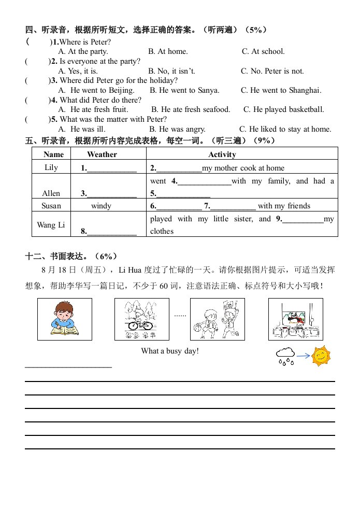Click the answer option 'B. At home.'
click(x=168, y=51)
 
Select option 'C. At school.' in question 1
click(x=263, y=51)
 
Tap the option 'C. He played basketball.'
click(x=284, y=109)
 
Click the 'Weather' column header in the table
click(x=102, y=154)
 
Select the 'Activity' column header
click(x=222, y=154)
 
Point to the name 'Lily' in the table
click(x=51, y=167)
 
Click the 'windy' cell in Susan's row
click(x=101, y=206)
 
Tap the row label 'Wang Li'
click(x=51, y=225)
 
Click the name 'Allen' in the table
click(x=51, y=193)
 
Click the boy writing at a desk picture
click(x=65, y=319)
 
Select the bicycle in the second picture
click(x=140, y=325)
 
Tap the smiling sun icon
click(x=321, y=356)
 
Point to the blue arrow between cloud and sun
click(x=304, y=356)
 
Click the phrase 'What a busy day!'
click(x=170, y=351)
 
